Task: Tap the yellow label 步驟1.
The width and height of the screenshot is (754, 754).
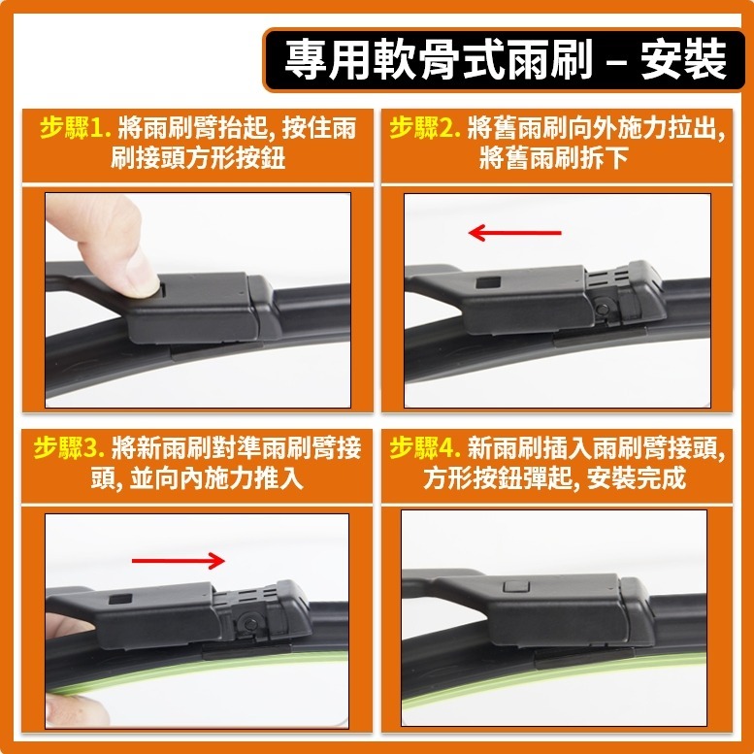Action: pos(77,127)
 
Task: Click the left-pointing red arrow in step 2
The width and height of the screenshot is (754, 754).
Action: pos(514,233)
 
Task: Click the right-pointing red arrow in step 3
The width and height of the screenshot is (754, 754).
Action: pos(178,560)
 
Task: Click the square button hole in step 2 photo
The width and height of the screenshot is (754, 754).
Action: pos(488,282)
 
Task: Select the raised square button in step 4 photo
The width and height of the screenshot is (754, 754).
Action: pos(516,586)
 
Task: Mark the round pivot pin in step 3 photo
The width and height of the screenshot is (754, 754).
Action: pos(248,621)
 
